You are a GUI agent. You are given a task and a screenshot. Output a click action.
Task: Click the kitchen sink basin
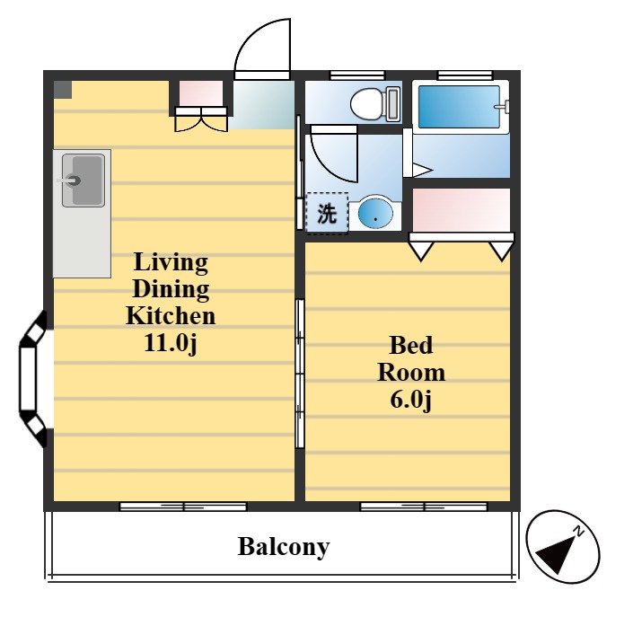coord(83,181)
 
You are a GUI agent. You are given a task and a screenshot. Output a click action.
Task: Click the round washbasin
coord(374,214)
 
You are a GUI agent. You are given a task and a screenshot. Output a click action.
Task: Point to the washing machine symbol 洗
coord(327,214)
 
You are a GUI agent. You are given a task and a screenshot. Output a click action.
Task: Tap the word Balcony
coord(283,546)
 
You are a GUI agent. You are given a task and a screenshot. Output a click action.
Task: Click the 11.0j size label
coord(170,342)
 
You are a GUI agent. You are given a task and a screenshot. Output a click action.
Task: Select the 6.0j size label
coord(410,398)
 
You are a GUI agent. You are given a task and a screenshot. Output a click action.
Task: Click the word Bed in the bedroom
coord(410,345)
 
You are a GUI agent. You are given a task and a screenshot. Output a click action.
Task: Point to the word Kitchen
coord(170,315)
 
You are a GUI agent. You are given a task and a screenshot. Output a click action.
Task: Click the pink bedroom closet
coord(461,210)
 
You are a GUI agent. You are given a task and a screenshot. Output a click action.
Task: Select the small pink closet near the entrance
coord(200,93)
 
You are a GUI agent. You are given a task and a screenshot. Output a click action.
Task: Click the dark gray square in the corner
coord(62,89)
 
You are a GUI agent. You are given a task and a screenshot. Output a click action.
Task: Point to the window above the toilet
coord(356,75)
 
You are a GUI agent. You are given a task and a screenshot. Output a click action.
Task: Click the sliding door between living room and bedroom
coord(299,359)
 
